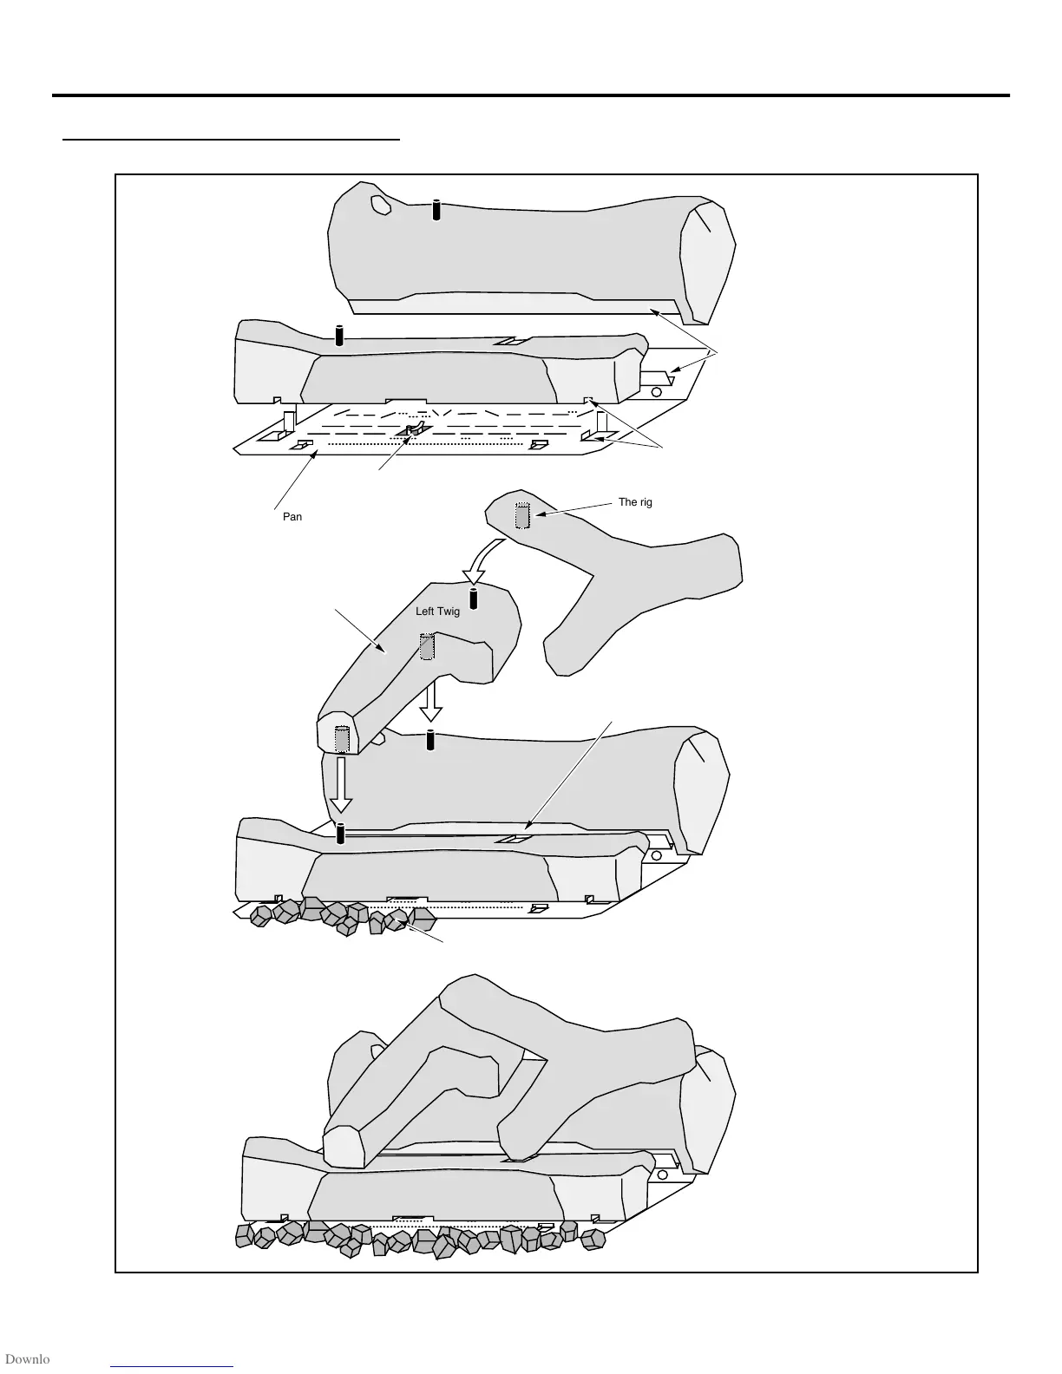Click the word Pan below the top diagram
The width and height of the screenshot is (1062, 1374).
pyautogui.click(x=292, y=517)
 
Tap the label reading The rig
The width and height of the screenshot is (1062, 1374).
pyautogui.click(x=635, y=502)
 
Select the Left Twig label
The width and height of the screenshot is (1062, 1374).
pyautogui.click(x=437, y=612)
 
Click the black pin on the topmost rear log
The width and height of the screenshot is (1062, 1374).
pyautogui.click(x=436, y=210)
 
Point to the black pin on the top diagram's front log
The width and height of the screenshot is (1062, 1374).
pyautogui.click(x=339, y=336)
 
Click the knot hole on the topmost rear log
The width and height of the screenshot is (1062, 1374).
pyautogui.click(x=379, y=204)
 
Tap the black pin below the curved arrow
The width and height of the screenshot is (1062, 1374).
pyautogui.click(x=474, y=599)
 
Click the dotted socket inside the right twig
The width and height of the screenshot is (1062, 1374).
pyautogui.click(x=521, y=516)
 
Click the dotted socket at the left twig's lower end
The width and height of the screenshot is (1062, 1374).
pyautogui.click(x=341, y=739)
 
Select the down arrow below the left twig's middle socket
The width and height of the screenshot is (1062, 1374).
pyautogui.click(x=430, y=701)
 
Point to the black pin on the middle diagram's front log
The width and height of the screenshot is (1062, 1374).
pyautogui.click(x=340, y=833)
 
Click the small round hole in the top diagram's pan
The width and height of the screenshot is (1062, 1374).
pyautogui.click(x=656, y=391)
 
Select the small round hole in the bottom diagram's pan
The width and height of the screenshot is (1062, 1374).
pyautogui.click(x=662, y=1174)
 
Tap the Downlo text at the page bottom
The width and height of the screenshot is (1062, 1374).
pyautogui.click(x=26, y=1359)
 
